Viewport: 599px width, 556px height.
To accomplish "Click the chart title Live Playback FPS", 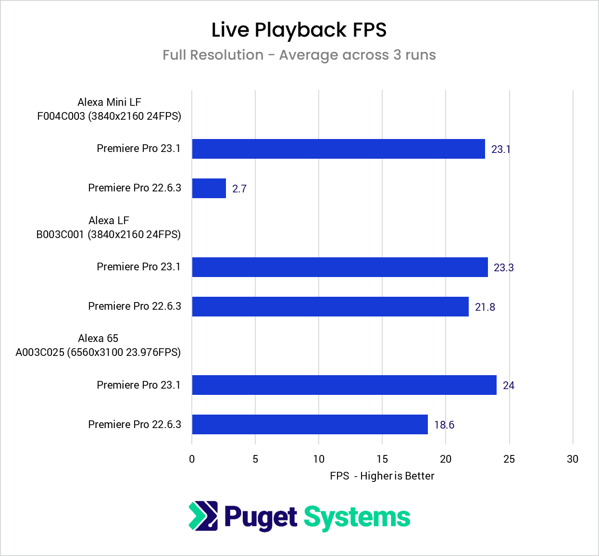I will click(x=299, y=30).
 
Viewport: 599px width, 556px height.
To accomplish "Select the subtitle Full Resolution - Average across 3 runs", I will click(x=299, y=55).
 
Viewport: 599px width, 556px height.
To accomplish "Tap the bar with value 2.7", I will click(x=209, y=188).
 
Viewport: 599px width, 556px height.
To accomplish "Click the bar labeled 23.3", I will click(x=340, y=267).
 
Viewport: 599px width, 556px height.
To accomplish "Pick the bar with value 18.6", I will click(x=310, y=424).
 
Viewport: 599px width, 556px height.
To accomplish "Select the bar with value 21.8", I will click(x=330, y=306).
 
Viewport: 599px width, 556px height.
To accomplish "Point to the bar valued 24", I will click(x=344, y=385).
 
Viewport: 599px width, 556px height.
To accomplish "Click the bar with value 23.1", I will click(x=338, y=149).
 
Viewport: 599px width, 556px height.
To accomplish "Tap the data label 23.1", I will click(x=500, y=149).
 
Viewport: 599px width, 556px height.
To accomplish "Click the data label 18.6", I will click(x=444, y=425).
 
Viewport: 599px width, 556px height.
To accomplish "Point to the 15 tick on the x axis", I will click(x=382, y=459).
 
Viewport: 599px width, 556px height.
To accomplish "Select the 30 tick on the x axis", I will click(x=572, y=459).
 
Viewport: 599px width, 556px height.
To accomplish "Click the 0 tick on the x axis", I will click(x=192, y=459).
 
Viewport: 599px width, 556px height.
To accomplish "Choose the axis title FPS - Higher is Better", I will click(x=382, y=476).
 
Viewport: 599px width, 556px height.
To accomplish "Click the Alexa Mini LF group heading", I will click(x=109, y=102).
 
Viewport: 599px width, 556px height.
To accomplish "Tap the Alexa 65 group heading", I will click(x=98, y=338).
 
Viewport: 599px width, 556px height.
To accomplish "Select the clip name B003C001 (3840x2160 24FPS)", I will click(x=109, y=234).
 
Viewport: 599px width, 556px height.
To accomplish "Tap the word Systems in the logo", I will click(x=357, y=518).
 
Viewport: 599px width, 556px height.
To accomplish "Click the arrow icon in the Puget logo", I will click(x=203, y=516).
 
